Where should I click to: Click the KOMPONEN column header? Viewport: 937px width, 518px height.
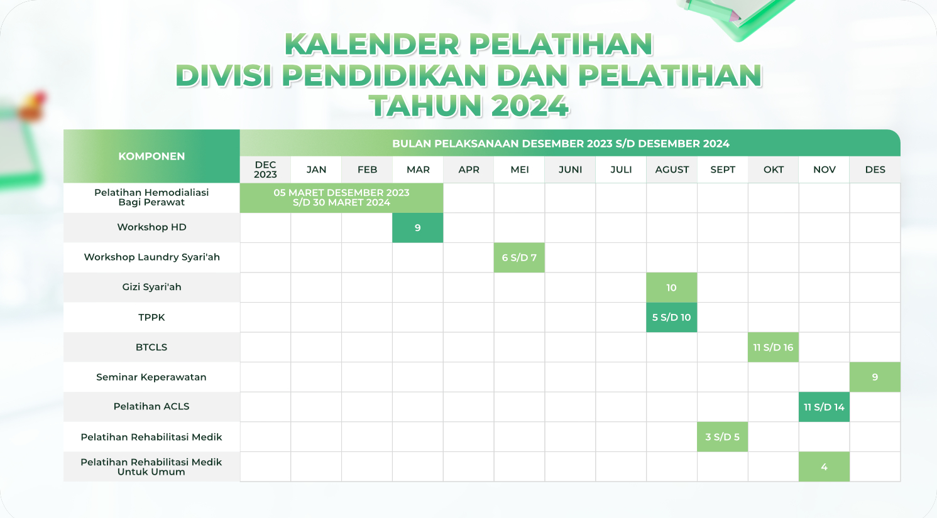pos(151,156)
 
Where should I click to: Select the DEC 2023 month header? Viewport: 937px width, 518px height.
pos(265,170)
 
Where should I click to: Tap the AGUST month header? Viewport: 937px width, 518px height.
pos(672,170)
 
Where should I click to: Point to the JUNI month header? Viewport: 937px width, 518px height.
pos(570,170)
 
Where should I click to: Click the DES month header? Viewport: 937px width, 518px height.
pos(875,170)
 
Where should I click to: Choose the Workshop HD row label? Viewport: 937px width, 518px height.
pos(151,227)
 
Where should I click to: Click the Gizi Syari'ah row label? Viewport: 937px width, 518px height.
pos(151,287)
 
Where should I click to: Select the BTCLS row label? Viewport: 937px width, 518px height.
pos(151,347)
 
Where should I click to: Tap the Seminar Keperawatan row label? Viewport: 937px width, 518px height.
pos(151,377)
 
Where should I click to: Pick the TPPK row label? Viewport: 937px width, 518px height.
pos(151,317)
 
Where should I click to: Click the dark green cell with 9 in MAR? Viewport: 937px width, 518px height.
pos(417,227)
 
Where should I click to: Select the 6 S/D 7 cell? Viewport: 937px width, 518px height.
pos(519,257)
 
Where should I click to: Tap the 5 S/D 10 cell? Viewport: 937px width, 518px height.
pos(672,317)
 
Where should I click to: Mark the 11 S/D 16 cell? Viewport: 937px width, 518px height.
pos(773,347)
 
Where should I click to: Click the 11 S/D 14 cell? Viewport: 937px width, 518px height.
pos(824,407)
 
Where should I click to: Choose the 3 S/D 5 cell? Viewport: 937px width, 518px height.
pos(723,437)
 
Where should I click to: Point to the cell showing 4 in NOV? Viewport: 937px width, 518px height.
pos(824,467)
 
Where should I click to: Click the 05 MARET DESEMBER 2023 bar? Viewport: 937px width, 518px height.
pos(341,198)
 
